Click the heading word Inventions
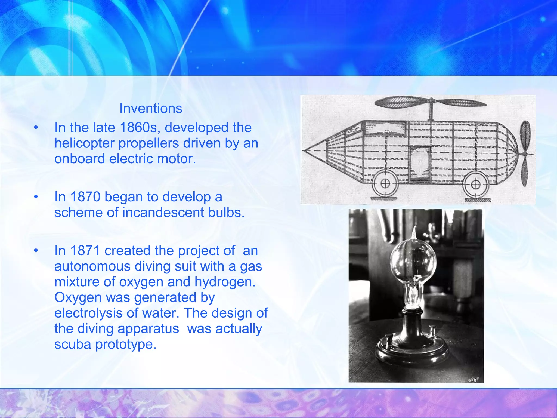tap(151, 108)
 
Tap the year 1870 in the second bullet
tap(85, 196)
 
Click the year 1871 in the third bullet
tap(85, 250)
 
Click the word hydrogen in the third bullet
tap(225, 282)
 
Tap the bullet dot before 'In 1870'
tap(36, 196)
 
